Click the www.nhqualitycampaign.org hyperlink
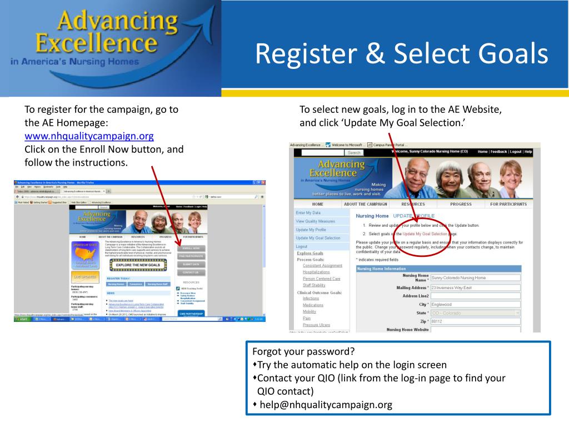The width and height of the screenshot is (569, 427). point(89,136)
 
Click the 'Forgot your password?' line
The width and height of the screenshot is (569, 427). point(303,352)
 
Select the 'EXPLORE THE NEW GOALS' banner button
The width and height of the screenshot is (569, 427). point(138,265)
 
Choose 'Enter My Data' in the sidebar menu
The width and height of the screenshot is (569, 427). point(308,213)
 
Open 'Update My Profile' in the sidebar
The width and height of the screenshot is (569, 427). point(311,230)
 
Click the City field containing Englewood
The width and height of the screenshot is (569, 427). point(475,305)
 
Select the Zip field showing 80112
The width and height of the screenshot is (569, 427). point(475,321)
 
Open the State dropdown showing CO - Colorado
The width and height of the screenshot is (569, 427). point(475,313)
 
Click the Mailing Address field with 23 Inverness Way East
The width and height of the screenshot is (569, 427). point(475,288)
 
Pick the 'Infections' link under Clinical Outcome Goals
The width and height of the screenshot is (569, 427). point(311,299)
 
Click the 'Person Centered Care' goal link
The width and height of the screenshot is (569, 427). point(321,279)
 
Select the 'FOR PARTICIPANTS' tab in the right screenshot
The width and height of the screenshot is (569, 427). point(508,204)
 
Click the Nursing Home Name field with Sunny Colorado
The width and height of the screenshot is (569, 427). point(475,277)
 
